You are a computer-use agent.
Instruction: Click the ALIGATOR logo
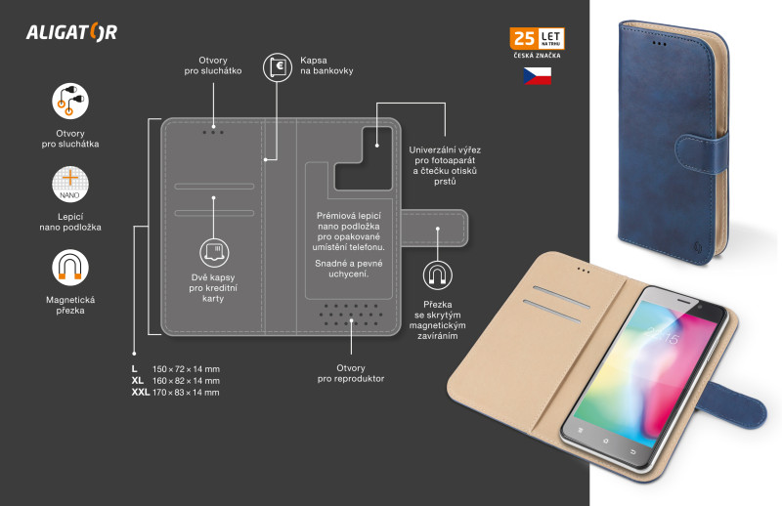point(71,32)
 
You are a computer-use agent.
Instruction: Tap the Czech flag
point(537,76)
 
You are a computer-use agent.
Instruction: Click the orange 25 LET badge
point(537,38)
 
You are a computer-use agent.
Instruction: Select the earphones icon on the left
point(70,102)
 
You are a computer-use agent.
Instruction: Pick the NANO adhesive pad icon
point(70,185)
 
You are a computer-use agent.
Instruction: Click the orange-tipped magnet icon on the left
point(70,268)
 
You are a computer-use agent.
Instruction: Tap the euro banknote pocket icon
point(278,67)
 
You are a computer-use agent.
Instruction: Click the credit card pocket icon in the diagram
point(214,253)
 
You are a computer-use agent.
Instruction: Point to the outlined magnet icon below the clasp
point(437,275)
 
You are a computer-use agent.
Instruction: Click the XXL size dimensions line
point(176,393)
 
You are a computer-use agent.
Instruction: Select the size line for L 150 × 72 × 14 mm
point(176,369)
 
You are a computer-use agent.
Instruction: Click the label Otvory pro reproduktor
point(351,373)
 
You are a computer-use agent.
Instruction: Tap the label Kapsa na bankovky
point(326,65)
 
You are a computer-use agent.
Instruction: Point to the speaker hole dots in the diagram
point(351,316)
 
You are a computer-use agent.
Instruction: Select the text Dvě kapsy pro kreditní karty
point(213,288)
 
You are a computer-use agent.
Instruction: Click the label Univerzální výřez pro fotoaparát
point(445,155)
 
